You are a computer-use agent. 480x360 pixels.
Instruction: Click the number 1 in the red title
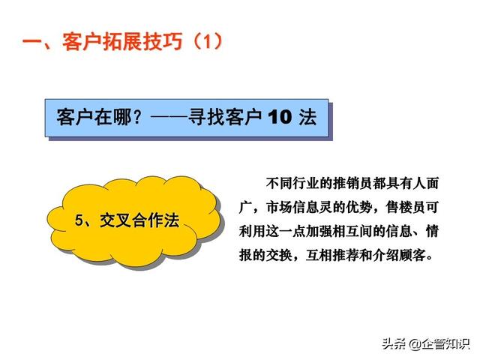(x=208, y=42)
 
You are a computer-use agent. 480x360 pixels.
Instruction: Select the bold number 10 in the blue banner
(x=280, y=117)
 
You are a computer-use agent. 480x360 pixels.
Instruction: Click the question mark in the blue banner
(x=138, y=117)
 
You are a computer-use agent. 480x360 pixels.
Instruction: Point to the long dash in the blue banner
(x=169, y=117)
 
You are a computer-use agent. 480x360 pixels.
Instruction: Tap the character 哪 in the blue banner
(x=123, y=117)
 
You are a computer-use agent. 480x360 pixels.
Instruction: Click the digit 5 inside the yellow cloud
(x=79, y=220)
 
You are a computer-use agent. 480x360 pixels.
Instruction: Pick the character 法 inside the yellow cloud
(x=171, y=220)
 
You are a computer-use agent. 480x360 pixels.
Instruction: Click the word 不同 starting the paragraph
(x=279, y=183)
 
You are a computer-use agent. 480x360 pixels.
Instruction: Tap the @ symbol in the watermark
(x=415, y=344)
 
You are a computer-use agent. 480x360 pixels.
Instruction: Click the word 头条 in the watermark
(x=394, y=343)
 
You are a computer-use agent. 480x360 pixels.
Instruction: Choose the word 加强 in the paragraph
(x=319, y=231)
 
